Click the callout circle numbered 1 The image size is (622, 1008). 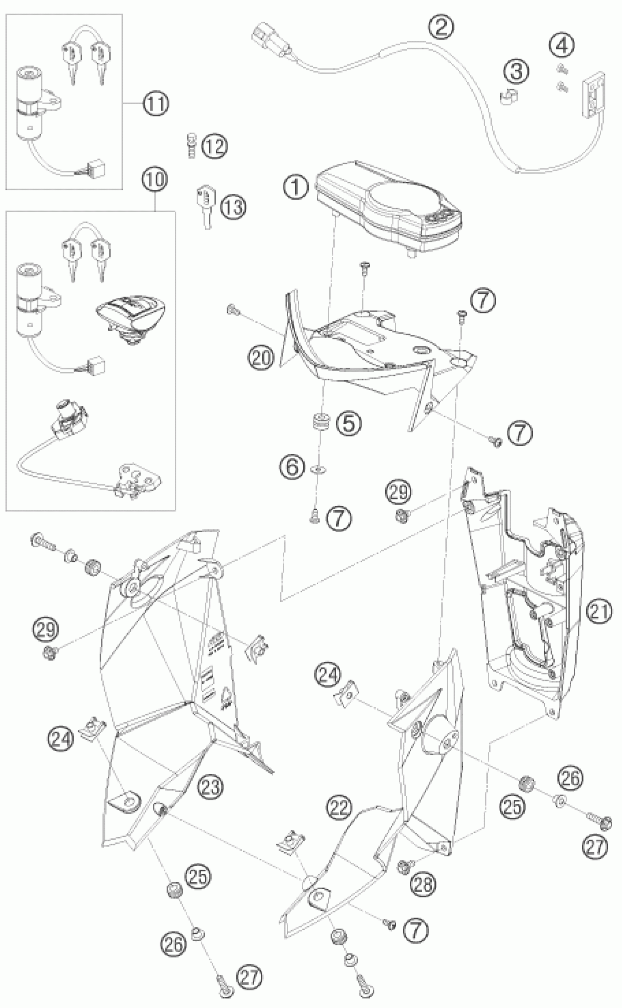tap(296, 188)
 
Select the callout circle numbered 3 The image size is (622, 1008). tap(516, 71)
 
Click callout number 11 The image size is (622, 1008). tap(155, 103)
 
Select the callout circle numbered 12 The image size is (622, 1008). tap(215, 146)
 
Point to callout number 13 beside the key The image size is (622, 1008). tap(233, 207)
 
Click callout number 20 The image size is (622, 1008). tap(261, 358)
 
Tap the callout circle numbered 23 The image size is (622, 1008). tap(210, 786)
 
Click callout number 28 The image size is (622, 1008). tap(423, 882)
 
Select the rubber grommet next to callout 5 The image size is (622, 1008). tap(321, 422)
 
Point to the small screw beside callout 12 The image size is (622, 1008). tap(191, 145)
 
